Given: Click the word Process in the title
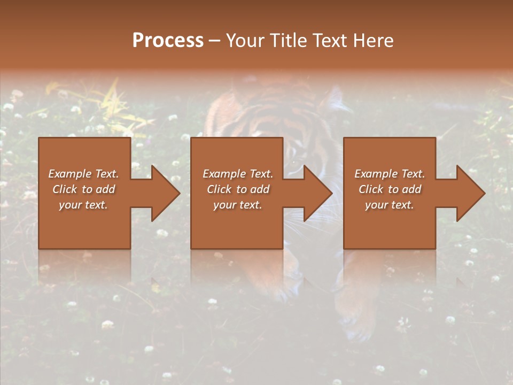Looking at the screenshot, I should (168, 41).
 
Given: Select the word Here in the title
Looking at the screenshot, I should (373, 41).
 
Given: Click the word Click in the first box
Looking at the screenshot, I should (64, 189).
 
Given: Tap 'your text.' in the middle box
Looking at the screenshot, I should (237, 205).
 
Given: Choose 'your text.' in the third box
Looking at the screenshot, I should (389, 205).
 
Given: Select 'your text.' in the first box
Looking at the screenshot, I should (83, 205).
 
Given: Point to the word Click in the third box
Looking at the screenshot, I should (371, 189).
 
